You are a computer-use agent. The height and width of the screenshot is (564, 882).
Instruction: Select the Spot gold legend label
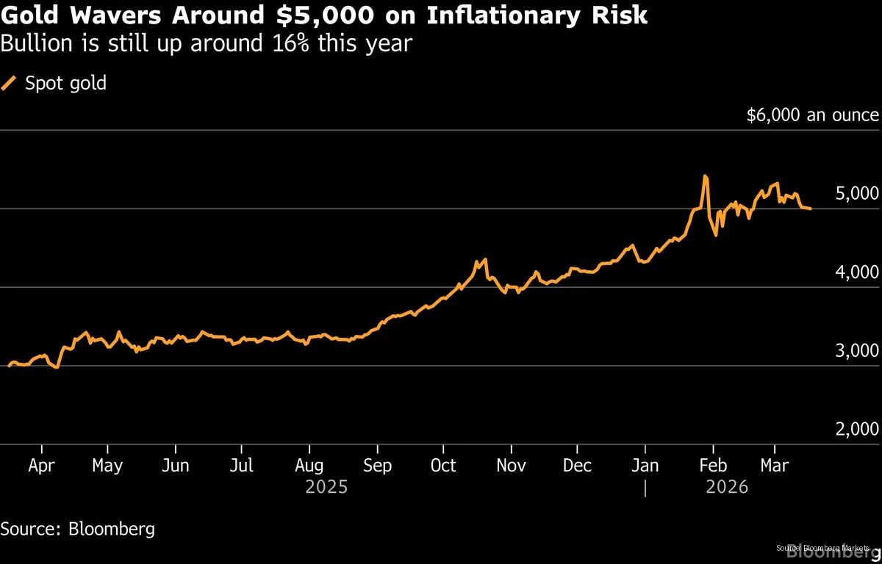[x=66, y=84]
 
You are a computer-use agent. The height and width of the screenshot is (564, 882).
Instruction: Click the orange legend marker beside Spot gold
[x=9, y=84]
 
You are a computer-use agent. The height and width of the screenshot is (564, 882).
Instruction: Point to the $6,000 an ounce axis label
[x=812, y=115]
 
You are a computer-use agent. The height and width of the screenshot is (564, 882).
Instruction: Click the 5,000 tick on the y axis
[x=857, y=194]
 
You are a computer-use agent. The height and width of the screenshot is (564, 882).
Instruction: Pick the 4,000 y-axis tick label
[x=857, y=272]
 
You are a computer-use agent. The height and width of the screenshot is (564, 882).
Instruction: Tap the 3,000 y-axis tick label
[x=857, y=351]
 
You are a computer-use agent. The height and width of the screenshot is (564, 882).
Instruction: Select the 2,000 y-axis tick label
[x=857, y=430]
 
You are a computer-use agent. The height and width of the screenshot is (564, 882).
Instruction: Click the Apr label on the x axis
[x=41, y=466]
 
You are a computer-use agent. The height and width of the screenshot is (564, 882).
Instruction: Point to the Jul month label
[x=241, y=466]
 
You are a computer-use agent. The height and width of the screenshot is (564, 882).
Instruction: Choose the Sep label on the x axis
[x=377, y=466]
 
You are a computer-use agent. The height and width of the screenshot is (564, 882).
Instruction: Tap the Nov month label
[x=512, y=466]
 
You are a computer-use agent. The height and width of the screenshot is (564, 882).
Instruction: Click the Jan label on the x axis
[x=645, y=466]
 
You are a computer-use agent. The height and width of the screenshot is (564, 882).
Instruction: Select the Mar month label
[x=774, y=466]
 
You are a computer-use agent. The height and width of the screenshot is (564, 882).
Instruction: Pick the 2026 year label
[x=726, y=487]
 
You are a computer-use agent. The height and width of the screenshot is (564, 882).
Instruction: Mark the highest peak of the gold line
[x=705, y=176]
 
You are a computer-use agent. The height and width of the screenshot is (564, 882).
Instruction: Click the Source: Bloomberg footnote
[x=77, y=529]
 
